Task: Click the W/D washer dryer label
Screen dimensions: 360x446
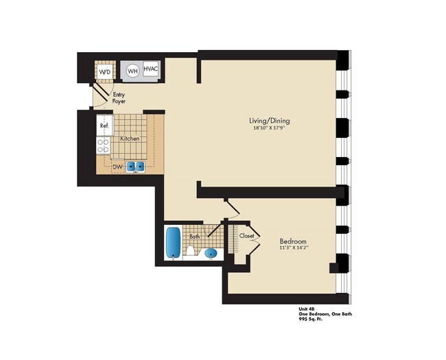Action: tap(105, 71)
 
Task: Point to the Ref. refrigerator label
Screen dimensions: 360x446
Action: tap(104, 126)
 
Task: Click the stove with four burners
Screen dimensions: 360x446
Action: tap(104, 145)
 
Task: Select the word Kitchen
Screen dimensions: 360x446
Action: tap(130, 139)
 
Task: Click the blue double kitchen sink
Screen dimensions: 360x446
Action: tap(135, 165)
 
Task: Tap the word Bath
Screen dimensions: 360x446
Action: tap(195, 237)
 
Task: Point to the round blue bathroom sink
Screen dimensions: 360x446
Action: tap(212, 254)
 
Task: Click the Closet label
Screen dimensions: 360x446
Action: tap(247, 236)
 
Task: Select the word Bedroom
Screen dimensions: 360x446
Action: tap(293, 241)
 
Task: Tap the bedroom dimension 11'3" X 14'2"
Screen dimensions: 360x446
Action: tap(293, 249)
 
